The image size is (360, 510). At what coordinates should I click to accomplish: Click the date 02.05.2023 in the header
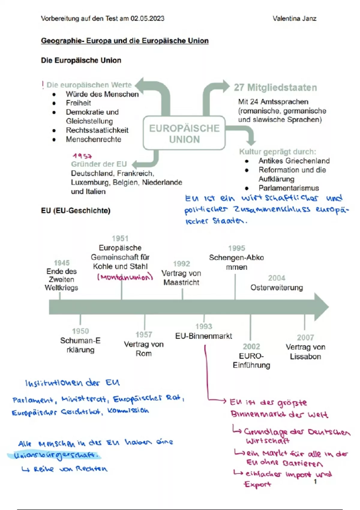click(x=147, y=19)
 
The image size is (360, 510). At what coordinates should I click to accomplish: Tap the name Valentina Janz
click(x=294, y=19)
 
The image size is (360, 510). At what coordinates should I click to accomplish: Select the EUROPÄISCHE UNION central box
click(x=184, y=133)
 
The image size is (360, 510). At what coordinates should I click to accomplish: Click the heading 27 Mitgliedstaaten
click(x=275, y=88)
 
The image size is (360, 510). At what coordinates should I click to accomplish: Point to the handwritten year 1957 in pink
click(x=82, y=156)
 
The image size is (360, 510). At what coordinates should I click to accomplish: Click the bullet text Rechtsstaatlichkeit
click(x=97, y=130)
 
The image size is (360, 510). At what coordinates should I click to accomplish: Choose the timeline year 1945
click(x=61, y=263)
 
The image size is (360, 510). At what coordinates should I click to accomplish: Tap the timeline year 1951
click(x=120, y=238)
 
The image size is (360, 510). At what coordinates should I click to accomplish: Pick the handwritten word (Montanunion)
click(x=125, y=277)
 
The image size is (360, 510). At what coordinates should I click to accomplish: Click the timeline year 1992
click(x=181, y=264)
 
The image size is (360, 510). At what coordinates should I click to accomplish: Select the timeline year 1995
click(x=236, y=248)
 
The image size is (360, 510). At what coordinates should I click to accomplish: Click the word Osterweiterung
click(x=277, y=288)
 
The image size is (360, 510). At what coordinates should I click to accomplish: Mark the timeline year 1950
click(x=80, y=331)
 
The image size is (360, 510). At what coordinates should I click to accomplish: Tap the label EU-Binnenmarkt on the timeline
click(x=204, y=336)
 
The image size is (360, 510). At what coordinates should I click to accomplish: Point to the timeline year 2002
click(x=251, y=346)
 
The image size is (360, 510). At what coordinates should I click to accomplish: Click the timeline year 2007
click(x=305, y=337)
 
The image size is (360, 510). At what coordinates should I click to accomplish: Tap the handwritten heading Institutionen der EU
click(x=72, y=383)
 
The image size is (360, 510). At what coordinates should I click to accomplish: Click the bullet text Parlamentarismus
click(x=289, y=188)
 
